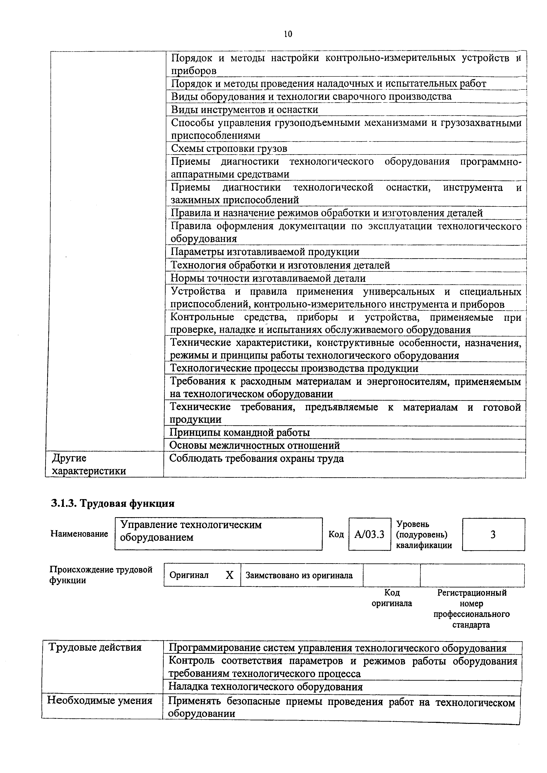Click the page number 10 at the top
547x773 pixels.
(x=288, y=34)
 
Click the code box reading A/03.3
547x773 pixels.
(x=369, y=535)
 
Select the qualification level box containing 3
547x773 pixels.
(x=493, y=535)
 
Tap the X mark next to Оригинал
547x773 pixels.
(x=230, y=575)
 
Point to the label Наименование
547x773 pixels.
(x=79, y=534)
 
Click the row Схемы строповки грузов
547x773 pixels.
(x=229, y=149)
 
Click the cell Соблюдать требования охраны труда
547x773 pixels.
(x=257, y=459)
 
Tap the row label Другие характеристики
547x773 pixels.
(x=89, y=465)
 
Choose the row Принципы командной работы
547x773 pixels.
(x=239, y=433)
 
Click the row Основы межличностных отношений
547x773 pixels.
(x=255, y=446)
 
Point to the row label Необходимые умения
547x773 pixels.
(x=100, y=701)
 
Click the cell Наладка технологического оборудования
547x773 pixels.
(x=265, y=687)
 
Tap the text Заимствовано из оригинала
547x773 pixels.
(x=299, y=575)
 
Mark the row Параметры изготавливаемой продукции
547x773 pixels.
(x=265, y=252)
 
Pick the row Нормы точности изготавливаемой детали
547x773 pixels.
(x=268, y=279)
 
